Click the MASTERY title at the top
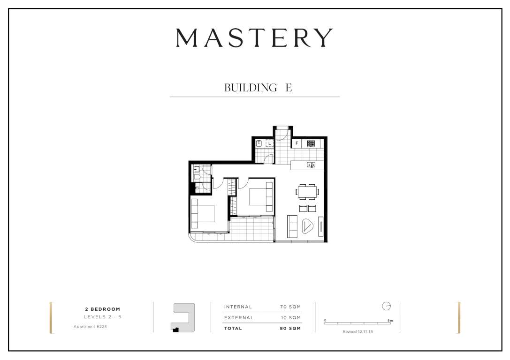click(x=254, y=37)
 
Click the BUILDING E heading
click(x=258, y=87)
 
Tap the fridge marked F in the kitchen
click(x=297, y=143)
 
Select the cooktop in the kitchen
click(x=311, y=143)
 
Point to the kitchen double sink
click(x=311, y=165)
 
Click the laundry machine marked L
click(x=269, y=143)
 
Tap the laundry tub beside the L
click(x=259, y=143)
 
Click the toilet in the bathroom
click(x=197, y=177)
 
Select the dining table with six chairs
click(x=307, y=192)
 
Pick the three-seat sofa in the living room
click(x=292, y=226)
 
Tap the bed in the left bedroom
click(x=203, y=213)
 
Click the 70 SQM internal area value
click(x=290, y=307)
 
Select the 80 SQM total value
click(x=290, y=329)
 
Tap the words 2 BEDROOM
click(x=102, y=309)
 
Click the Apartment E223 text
click(x=90, y=327)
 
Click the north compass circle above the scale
click(x=386, y=306)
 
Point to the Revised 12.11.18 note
click(x=358, y=332)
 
